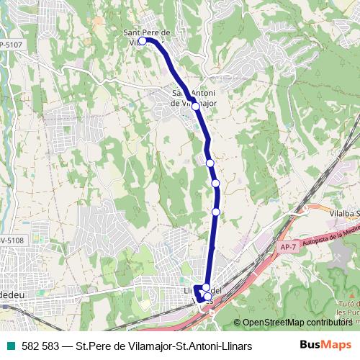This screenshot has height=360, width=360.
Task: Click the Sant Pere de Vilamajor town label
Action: [146, 33]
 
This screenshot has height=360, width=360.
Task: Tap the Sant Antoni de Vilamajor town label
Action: [192, 97]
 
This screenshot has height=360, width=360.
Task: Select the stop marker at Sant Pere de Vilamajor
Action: [143, 41]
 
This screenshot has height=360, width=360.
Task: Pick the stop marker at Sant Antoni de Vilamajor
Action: [195, 106]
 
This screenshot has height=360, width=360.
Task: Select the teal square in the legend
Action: [11, 346]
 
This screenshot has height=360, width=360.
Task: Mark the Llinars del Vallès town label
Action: [205, 291]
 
